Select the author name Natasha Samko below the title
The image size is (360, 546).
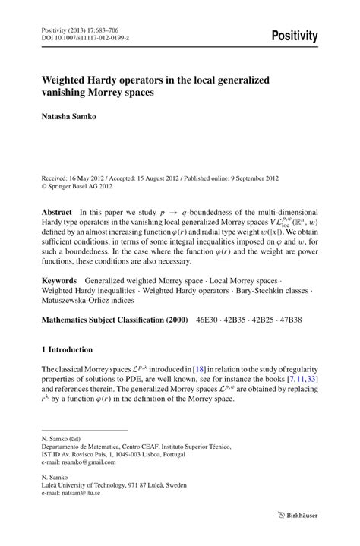pyautogui.click(x=69, y=118)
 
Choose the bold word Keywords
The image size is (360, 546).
pyautogui.click(x=60, y=280)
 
